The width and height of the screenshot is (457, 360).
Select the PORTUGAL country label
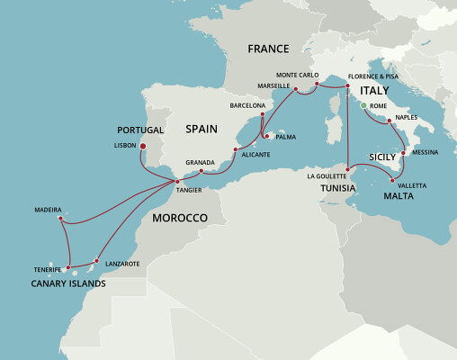coord(139,130)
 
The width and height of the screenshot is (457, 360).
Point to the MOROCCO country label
coord(179,219)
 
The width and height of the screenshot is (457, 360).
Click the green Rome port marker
coord(363,106)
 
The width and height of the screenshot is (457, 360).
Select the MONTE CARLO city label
coord(299,75)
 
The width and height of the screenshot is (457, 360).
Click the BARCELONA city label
coord(248,105)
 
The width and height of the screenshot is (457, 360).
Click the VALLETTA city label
coord(411,185)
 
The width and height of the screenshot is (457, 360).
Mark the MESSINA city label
coord(425,152)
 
